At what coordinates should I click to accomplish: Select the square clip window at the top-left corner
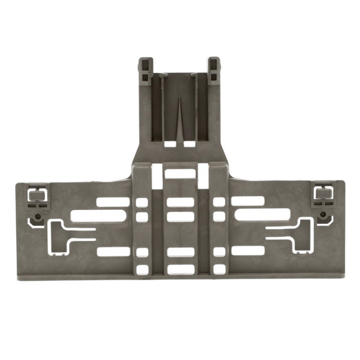36,194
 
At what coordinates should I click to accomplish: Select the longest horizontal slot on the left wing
98,216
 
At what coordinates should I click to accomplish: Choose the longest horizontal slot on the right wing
261,216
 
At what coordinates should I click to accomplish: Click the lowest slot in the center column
180,270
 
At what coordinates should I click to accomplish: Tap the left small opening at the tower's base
170,144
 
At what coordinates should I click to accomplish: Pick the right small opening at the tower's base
189,144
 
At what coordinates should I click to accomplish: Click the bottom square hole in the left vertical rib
142,270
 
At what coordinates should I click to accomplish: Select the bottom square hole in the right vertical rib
219,270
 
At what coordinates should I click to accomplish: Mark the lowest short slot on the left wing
113,252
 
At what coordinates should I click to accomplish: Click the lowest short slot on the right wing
247,251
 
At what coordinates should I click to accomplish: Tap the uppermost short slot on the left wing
113,202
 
